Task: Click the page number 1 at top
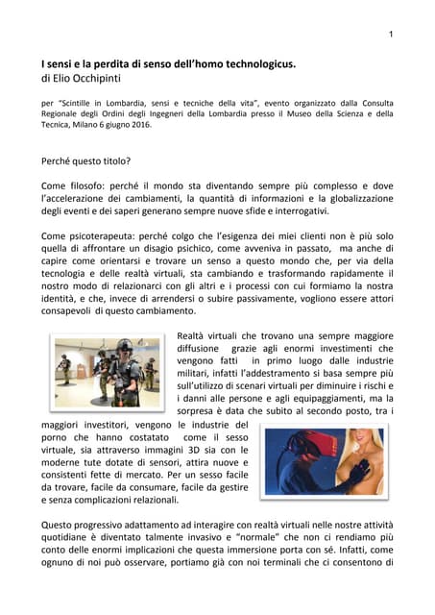coord(390,36)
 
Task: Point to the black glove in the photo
coord(360,475)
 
